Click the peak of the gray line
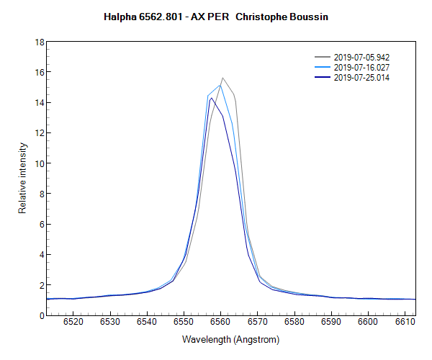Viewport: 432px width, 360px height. (222, 78)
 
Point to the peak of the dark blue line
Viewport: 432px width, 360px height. (210, 98)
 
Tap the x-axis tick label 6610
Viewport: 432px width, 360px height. (405, 323)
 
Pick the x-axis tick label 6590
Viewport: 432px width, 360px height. (331, 323)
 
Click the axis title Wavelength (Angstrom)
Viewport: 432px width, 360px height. (230, 339)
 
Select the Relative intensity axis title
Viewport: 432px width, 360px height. (22, 178)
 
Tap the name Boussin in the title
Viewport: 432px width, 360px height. (310, 17)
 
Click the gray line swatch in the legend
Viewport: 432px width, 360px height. (323, 57)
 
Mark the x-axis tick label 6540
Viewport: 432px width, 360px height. (148, 323)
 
